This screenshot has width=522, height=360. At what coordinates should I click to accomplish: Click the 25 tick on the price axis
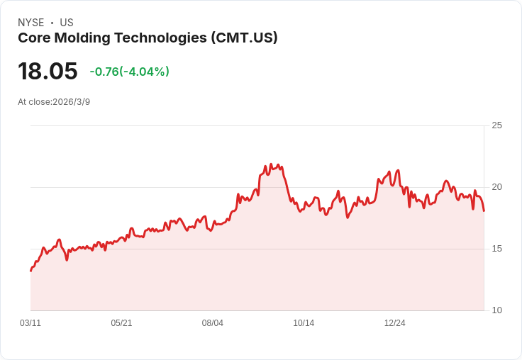click(x=496, y=125)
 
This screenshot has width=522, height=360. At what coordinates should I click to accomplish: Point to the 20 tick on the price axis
click(x=496, y=187)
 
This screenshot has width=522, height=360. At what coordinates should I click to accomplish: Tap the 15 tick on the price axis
click(x=496, y=249)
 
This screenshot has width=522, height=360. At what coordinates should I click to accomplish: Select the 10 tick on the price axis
click(x=496, y=310)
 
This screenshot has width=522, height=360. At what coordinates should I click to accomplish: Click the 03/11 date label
click(x=30, y=323)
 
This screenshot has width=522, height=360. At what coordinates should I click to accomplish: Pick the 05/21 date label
click(x=121, y=323)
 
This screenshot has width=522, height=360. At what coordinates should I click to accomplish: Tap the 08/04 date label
click(x=212, y=323)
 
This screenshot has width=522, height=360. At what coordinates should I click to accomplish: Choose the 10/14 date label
click(x=304, y=323)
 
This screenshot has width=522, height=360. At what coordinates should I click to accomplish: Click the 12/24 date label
click(x=395, y=323)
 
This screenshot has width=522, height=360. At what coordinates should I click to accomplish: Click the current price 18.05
click(x=48, y=71)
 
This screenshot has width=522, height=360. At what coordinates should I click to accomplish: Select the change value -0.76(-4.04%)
click(x=130, y=72)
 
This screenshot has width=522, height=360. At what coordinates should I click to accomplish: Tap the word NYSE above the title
click(x=31, y=23)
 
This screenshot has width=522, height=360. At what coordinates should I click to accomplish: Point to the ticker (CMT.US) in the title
click(x=244, y=38)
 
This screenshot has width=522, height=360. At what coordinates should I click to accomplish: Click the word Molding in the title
click(x=82, y=38)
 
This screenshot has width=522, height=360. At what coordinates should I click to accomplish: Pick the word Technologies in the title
click(x=161, y=38)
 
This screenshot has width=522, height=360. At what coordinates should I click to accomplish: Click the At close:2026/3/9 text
click(x=54, y=102)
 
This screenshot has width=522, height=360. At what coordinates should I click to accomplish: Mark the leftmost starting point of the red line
click(x=31, y=271)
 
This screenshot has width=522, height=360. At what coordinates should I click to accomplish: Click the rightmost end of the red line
click(x=484, y=210)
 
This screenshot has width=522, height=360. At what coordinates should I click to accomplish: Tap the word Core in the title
click(x=34, y=38)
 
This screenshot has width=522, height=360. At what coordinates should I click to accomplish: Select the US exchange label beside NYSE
click(x=67, y=23)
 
